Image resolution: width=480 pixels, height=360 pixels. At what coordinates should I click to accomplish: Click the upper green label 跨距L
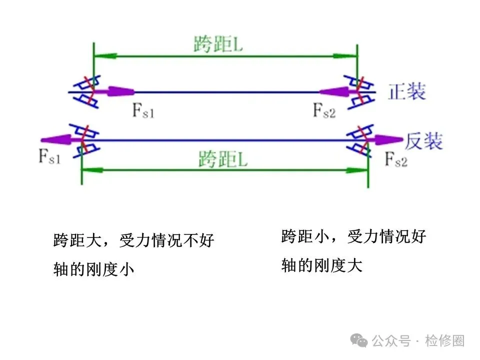pyautogui.click(x=218, y=44)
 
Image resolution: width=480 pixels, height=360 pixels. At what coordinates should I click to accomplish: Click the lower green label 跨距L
pyautogui.click(x=223, y=159)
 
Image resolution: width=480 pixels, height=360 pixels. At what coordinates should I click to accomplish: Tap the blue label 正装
pyautogui.click(x=407, y=91)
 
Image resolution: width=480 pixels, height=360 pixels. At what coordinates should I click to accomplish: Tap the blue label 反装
pyautogui.click(x=423, y=141)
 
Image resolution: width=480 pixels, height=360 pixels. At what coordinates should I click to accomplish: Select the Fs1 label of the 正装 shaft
pyautogui.click(x=143, y=110)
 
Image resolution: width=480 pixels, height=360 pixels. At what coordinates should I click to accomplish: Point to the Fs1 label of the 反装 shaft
pyautogui.click(x=49, y=156)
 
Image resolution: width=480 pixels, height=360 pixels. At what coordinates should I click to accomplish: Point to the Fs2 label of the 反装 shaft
pyautogui.click(x=396, y=159)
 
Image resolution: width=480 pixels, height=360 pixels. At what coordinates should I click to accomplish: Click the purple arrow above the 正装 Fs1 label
pyautogui.click(x=114, y=91)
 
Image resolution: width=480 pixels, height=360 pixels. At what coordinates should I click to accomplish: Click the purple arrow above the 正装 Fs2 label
pyautogui.click(x=338, y=91)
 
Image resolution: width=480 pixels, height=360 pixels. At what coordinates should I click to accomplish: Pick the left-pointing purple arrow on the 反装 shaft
pyautogui.click(x=60, y=140)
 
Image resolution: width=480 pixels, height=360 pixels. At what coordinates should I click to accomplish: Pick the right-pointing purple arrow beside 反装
pyautogui.click(x=384, y=140)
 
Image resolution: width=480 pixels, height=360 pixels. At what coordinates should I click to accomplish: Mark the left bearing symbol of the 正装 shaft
pyautogui.click(x=87, y=91)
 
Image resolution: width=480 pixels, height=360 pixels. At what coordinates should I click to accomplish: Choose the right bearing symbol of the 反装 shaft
pyautogui.click(x=360, y=141)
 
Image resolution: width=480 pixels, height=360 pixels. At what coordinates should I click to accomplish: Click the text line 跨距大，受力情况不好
pyautogui.click(x=133, y=240)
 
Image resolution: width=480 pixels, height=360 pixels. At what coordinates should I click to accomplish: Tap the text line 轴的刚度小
pyautogui.click(x=93, y=269)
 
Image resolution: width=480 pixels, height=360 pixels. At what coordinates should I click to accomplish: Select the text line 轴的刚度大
pyautogui.click(x=321, y=265)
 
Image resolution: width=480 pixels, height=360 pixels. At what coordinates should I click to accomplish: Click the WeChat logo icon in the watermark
pyautogui.click(x=359, y=340)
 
